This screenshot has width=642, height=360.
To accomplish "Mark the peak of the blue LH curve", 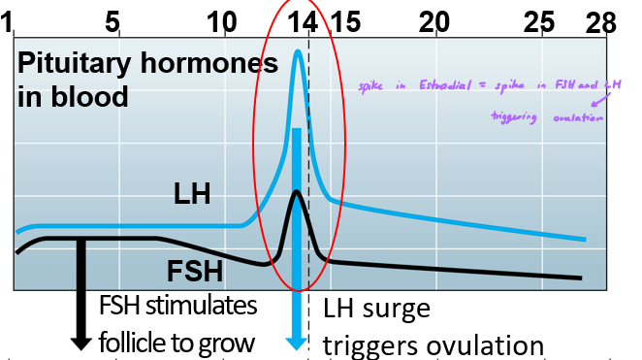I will (x=299, y=50).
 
